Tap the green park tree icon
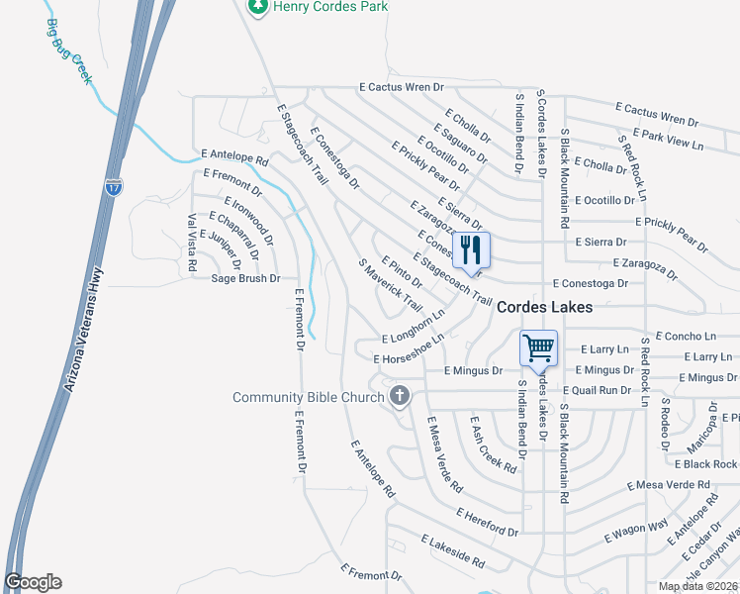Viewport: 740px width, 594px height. (258, 6)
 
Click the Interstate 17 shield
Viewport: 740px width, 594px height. (115, 186)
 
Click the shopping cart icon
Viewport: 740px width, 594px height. (539, 347)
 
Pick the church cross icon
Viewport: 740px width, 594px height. (400, 397)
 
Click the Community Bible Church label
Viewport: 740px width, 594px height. (308, 398)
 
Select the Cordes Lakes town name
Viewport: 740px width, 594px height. (544, 308)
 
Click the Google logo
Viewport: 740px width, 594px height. (33, 582)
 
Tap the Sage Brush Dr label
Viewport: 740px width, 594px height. (246, 279)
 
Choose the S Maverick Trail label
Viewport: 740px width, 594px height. (391, 284)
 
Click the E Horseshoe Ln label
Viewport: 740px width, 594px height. (409, 347)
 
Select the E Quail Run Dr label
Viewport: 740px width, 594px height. (597, 390)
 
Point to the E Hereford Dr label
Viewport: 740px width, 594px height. (487, 523)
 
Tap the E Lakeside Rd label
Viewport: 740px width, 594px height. (452, 552)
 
